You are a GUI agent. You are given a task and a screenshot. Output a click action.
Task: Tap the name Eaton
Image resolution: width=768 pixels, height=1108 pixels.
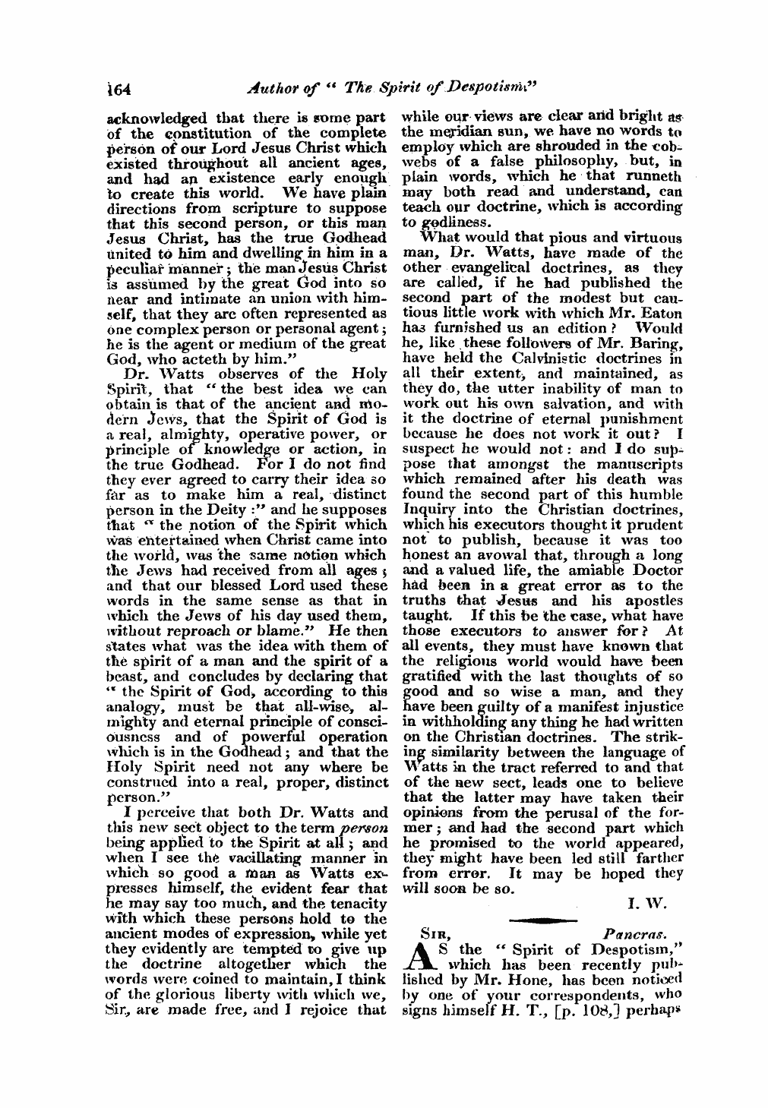[660, 312]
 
